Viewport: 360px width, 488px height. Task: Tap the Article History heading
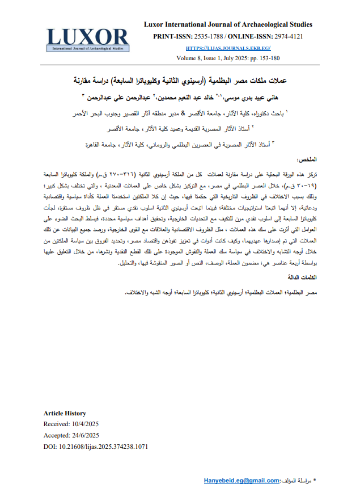point(65,413)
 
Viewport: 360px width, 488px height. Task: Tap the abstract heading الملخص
point(306,161)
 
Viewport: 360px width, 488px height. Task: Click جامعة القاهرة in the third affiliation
point(100,145)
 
